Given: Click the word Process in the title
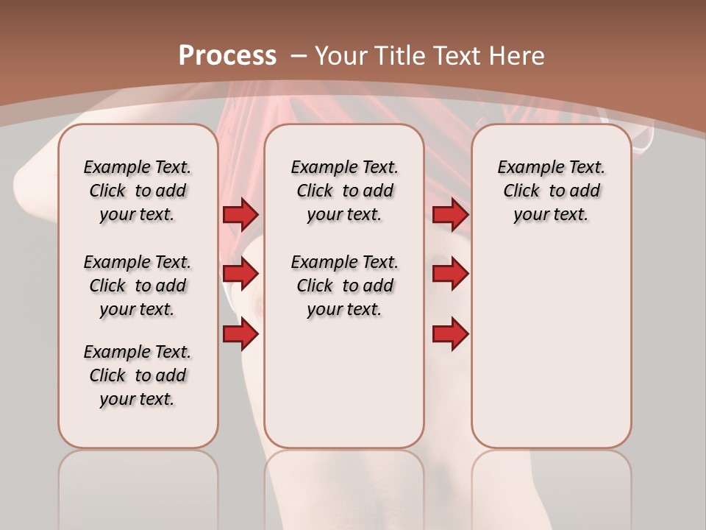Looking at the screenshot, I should click(x=227, y=56).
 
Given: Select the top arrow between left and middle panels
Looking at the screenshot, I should click(x=240, y=214).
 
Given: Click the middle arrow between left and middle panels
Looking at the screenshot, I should click(x=240, y=275).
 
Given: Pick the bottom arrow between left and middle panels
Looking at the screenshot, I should click(x=240, y=334).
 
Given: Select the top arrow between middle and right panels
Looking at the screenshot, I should click(x=450, y=214).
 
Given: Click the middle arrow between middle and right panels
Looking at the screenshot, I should click(x=450, y=275).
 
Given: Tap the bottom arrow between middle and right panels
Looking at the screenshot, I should click(x=450, y=334).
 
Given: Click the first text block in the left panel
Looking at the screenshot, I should click(x=138, y=191).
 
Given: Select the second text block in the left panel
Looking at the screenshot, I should click(x=138, y=286).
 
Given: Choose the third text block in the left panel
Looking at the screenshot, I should click(x=138, y=375).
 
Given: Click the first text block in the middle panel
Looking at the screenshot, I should click(x=344, y=191).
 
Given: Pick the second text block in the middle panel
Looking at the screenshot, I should click(x=344, y=286).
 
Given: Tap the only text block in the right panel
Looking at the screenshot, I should click(x=551, y=191).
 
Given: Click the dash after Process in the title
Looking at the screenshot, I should click(x=298, y=56).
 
